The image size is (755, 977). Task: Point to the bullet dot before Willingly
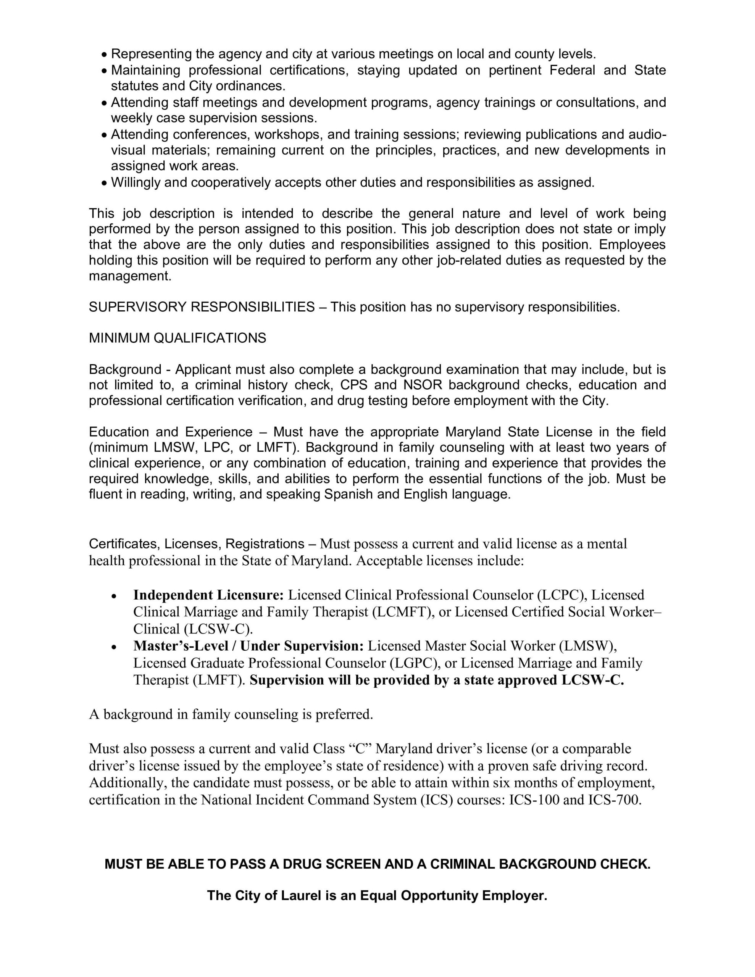[x=104, y=183]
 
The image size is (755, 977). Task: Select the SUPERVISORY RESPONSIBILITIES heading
[x=202, y=307]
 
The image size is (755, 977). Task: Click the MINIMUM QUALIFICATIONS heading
[x=177, y=338]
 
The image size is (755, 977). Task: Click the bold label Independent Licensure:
[x=208, y=595]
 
